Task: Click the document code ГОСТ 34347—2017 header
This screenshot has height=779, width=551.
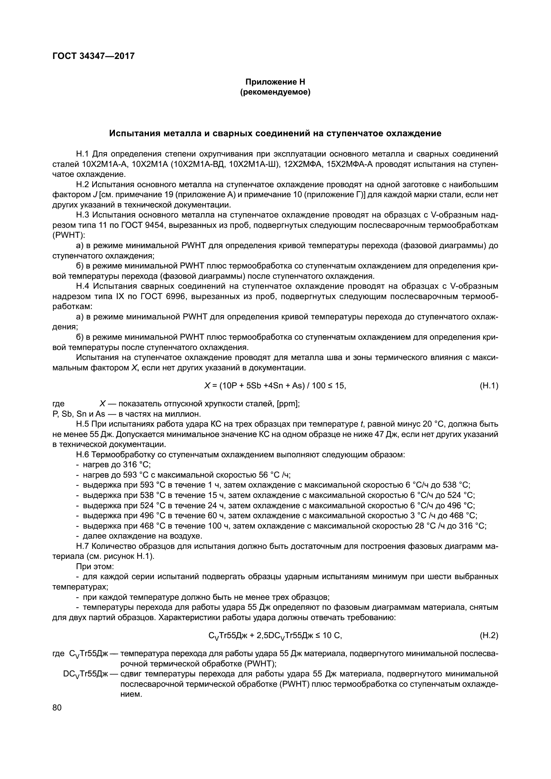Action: pyautogui.click(x=94, y=56)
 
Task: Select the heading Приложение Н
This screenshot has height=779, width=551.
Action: pyautogui.click(x=275, y=82)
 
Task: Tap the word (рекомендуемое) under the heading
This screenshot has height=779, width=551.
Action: pyautogui.click(x=275, y=92)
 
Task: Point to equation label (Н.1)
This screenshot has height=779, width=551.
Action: pyautogui.click(x=489, y=386)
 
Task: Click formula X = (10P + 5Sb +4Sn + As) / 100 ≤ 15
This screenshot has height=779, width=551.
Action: pyautogui.click(x=275, y=386)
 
